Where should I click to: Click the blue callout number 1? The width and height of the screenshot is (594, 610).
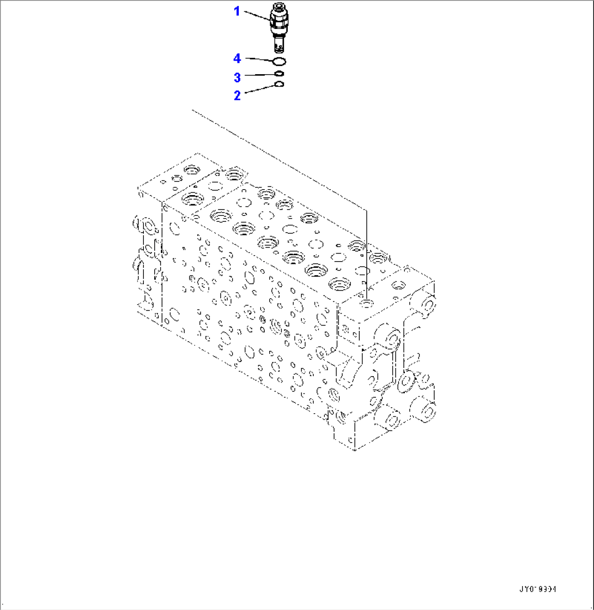237,11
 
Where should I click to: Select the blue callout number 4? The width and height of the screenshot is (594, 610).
237,58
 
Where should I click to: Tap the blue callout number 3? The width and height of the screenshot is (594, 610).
237,77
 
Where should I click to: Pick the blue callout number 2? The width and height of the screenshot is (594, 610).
237,95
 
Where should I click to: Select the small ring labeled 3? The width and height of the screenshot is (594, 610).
278,74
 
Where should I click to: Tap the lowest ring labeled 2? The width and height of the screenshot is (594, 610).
278,84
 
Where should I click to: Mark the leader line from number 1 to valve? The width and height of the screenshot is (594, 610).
256,16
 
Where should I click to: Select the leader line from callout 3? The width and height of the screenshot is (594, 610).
259,75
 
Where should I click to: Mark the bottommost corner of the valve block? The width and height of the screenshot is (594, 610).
355,450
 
